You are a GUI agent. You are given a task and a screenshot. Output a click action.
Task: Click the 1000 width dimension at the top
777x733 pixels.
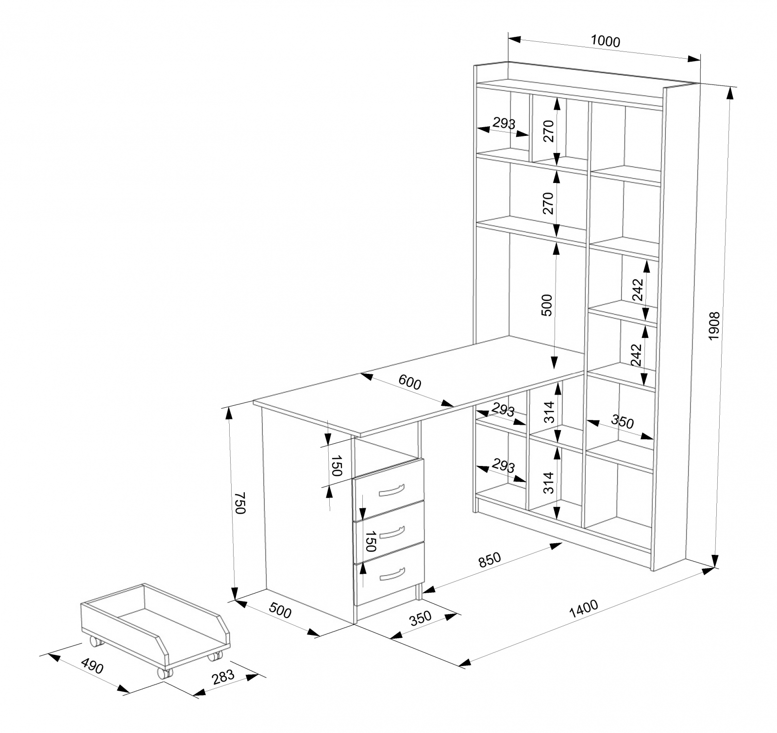point(606,42)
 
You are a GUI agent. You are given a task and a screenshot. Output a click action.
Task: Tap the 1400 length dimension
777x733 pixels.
point(583,609)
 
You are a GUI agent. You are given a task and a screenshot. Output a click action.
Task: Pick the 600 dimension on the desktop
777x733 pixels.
point(410,383)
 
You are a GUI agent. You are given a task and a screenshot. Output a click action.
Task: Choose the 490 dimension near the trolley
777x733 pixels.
point(92,666)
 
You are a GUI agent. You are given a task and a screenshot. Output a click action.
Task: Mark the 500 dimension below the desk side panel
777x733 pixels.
point(280,612)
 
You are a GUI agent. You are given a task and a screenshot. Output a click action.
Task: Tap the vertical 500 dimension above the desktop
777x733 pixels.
point(547,305)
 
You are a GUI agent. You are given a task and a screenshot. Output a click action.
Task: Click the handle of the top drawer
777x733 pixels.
point(391,490)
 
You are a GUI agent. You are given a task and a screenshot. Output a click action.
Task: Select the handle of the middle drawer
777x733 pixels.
point(391,533)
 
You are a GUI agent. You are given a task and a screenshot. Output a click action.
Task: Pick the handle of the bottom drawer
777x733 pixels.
point(391,574)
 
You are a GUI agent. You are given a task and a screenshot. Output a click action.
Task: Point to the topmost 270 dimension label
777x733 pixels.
point(548,131)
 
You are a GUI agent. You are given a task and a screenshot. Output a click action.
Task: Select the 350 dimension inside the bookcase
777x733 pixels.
point(622,422)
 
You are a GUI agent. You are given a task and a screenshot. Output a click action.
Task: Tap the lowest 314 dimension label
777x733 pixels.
point(548,482)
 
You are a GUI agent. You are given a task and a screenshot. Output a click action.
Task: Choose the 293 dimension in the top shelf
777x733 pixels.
point(504,123)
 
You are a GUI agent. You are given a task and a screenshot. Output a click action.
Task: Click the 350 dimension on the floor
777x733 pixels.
point(421,617)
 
